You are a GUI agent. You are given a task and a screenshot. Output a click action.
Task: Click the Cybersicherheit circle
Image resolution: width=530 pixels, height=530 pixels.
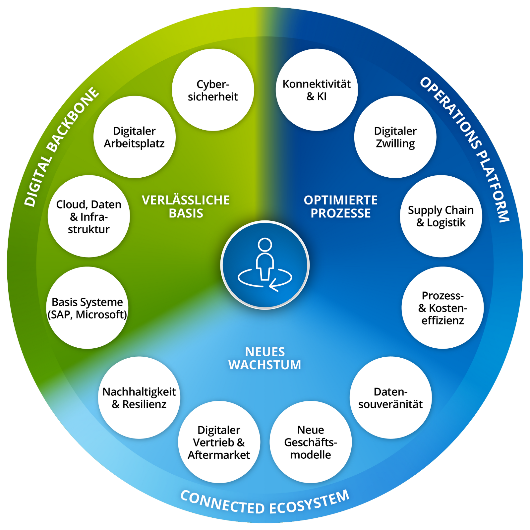[x=213, y=90]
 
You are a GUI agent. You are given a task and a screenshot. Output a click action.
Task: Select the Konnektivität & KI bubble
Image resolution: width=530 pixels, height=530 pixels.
[x=317, y=90]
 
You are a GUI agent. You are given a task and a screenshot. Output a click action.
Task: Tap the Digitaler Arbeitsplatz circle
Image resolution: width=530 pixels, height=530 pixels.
[x=134, y=137]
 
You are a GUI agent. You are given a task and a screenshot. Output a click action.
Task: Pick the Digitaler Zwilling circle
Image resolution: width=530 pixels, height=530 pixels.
[x=395, y=137]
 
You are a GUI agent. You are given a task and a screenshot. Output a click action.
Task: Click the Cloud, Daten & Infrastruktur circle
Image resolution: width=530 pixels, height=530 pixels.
[x=88, y=216]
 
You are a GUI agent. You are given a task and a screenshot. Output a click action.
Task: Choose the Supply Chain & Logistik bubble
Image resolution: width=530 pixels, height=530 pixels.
[x=441, y=216]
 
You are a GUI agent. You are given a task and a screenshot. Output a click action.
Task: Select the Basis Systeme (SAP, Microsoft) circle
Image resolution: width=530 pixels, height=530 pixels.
[x=87, y=308]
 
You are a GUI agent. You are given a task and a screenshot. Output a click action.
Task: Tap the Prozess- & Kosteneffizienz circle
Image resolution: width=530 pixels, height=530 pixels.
[x=442, y=308]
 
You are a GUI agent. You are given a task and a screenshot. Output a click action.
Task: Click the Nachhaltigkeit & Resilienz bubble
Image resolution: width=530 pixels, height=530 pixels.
[x=139, y=397]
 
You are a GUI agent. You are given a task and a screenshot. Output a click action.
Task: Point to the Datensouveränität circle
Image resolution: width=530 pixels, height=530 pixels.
[x=390, y=397]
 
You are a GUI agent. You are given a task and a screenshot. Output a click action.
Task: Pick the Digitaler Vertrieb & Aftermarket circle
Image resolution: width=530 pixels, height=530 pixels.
[x=219, y=442]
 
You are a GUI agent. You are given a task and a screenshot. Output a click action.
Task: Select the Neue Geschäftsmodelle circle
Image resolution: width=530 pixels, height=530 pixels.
[x=311, y=442]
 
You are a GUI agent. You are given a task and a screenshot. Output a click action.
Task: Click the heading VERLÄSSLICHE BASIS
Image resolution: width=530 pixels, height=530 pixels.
[x=186, y=206]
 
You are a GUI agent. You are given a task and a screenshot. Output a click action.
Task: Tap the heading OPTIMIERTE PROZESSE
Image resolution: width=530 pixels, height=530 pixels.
[x=341, y=206]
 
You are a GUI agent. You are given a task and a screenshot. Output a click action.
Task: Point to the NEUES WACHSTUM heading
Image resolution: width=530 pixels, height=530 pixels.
[x=265, y=358]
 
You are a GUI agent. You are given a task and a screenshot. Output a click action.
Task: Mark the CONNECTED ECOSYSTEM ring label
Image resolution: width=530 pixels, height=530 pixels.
[x=265, y=504]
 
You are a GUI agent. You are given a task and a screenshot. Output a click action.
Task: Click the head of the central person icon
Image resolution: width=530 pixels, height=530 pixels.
[x=265, y=245]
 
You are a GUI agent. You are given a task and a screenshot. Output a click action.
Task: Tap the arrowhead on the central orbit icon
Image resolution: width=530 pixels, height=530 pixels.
[x=272, y=285]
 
